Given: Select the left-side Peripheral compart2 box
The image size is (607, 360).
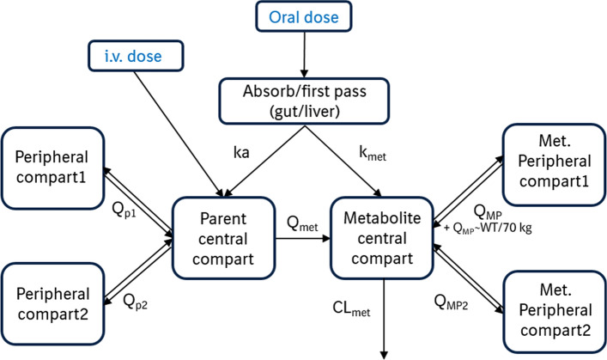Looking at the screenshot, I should coord(52,298).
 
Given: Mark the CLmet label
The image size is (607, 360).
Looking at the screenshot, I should coord(354,306).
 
